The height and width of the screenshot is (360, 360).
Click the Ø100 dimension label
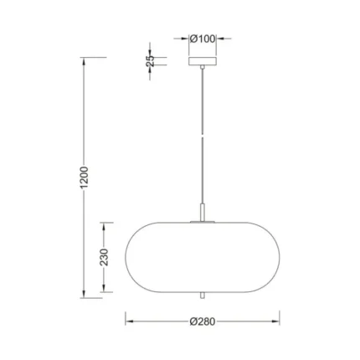pos(203,39)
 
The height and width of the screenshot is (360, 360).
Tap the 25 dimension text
pos(150,61)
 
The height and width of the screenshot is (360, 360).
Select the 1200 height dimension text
pos(84,177)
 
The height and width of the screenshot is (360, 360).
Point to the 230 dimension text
pos(104,257)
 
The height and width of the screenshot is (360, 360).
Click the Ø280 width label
pos(203,321)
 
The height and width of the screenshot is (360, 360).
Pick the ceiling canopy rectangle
pos(203,61)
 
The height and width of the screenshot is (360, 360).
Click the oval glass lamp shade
pos(203,257)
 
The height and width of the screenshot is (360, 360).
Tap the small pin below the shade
pos(203,296)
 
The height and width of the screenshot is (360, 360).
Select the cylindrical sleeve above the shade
pos(203,213)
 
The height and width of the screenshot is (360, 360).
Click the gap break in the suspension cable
pos(203,137)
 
